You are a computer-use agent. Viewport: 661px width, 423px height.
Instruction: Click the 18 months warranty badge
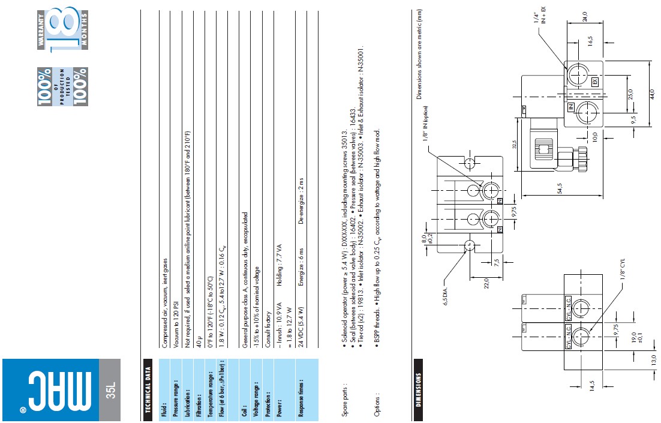click(62, 29)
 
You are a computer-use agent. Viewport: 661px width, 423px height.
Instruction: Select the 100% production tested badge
click(62, 86)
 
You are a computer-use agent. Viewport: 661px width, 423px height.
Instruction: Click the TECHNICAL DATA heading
click(148, 389)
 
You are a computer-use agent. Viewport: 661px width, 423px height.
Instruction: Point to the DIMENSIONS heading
click(418, 389)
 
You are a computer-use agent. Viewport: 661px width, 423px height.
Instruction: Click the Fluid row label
click(164, 410)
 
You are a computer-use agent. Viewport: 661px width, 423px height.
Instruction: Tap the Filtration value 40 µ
click(199, 341)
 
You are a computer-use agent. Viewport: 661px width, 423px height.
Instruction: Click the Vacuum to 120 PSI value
click(176, 323)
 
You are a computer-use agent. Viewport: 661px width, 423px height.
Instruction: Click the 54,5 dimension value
click(560, 188)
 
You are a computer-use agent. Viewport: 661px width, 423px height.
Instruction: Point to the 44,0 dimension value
click(652, 94)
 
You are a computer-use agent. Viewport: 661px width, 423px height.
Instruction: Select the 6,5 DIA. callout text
click(446, 295)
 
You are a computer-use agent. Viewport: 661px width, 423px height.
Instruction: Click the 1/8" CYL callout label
click(623, 269)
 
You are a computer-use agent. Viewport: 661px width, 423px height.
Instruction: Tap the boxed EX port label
click(595, 82)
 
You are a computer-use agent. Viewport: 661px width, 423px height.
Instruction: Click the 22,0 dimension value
click(486, 283)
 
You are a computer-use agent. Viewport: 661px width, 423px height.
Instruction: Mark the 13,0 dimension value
click(653, 360)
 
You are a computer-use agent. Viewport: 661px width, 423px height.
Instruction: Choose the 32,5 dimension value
click(514, 145)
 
